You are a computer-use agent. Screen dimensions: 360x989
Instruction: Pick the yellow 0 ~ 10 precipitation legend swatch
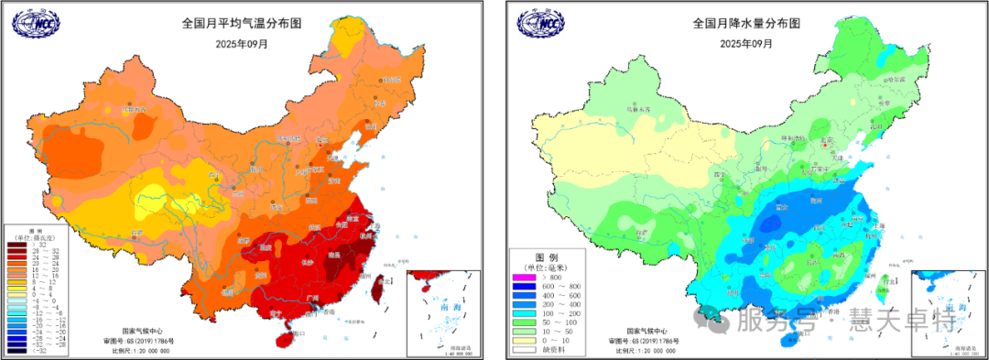(528, 341)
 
